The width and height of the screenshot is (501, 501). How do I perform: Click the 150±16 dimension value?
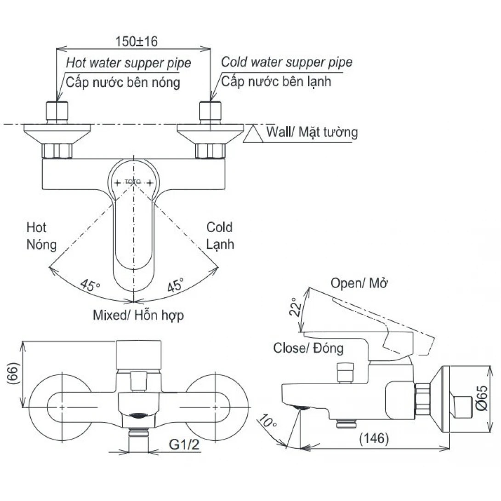pyautogui.click(x=137, y=41)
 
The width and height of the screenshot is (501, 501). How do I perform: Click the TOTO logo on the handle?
pyautogui.click(x=132, y=182)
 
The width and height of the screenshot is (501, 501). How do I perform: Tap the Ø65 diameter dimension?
pyautogui.click(x=482, y=398)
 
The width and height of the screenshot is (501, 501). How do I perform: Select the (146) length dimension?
pyautogui.click(x=374, y=438)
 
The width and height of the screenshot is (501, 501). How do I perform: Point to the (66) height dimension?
pyautogui.click(x=13, y=374)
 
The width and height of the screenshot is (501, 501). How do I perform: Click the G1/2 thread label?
pyautogui.click(x=184, y=444)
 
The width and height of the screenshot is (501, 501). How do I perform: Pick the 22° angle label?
pyautogui.click(x=296, y=307)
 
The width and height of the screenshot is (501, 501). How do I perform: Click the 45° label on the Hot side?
pyautogui.click(x=90, y=285)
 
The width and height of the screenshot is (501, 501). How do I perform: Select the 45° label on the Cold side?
pyautogui.click(x=176, y=285)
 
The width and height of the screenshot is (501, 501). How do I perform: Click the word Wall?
pyautogui.click(x=279, y=131)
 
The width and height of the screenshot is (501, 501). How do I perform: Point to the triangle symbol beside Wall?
pyautogui.click(x=253, y=134)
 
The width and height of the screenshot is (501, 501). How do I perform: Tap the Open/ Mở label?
pyautogui.click(x=359, y=283)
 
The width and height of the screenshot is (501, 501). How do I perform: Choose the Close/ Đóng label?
pyautogui.click(x=308, y=347)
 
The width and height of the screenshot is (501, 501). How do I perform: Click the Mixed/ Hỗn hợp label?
pyautogui.click(x=138, y=315)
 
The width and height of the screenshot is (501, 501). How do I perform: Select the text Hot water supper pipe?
pyautogui.click(x=128, y=63)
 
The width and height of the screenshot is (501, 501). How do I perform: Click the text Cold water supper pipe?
pyautogui.click(x=287, y=62)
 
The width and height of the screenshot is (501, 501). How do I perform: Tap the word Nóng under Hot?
pyautogui.click(x=41, y=245)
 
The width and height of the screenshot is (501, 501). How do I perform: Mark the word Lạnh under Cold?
pyautogui.click(x=220, y=245)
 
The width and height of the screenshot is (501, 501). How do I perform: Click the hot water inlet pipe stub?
pyautogui.click(x=57, y=112)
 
